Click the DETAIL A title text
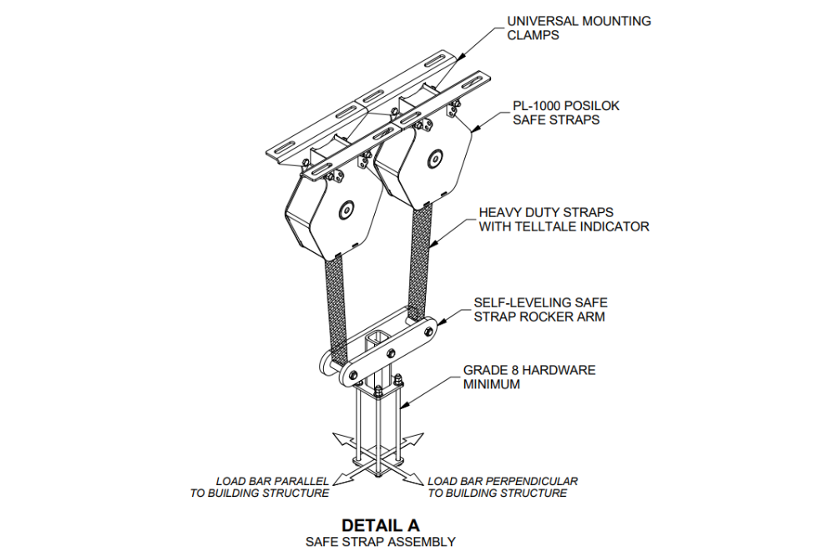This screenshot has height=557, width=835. coord(380,525)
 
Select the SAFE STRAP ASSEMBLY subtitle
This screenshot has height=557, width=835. coord(380,542)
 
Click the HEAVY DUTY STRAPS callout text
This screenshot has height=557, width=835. coord(564,220)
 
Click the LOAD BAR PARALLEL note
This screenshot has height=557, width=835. coord(260,487)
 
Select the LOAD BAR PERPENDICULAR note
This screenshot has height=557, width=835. coord(502,487)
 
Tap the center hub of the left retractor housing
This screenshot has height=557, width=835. coord(345,212)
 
